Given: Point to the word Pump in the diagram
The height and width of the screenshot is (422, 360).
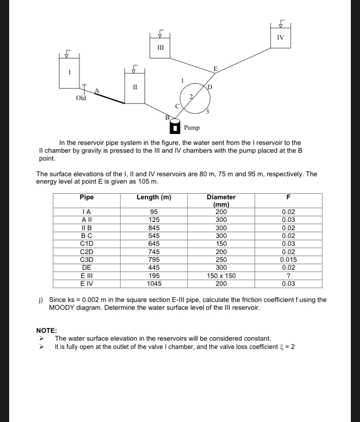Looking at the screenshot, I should click(x=192, y=128).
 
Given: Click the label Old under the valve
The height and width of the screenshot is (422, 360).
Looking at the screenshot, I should click(x=81, y=98).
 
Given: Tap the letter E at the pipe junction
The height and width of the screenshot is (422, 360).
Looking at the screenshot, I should click(x=215, y=68).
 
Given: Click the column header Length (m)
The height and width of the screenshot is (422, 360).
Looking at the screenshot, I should click(x=154, y=198).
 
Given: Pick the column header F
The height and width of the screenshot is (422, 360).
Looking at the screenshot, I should click(x=288, y=198).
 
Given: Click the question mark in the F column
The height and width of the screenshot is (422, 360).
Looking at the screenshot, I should click(x=288, y=276).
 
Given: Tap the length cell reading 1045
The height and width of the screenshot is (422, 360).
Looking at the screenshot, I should click(x=154, y=284).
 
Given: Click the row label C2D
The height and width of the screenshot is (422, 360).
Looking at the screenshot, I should click(x=87, y=252).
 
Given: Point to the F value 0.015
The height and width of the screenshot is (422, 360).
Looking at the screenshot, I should click(x=288, y=260).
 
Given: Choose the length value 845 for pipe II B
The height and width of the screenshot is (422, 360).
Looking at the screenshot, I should click(x=154, y=228).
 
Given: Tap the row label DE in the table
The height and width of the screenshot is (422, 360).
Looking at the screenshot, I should click(x=87, y=268).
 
